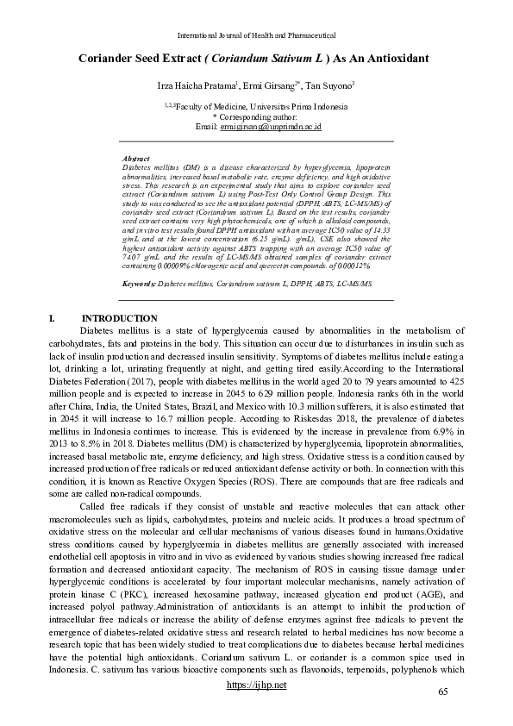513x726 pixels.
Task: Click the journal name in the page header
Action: point(255,35)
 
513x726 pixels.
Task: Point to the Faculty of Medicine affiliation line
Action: point(256,106)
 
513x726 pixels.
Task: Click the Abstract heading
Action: point(136,160)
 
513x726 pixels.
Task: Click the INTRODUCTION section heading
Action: point(119,318)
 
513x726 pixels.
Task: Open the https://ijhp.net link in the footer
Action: point(255,684)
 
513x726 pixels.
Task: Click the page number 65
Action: point(443,692)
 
